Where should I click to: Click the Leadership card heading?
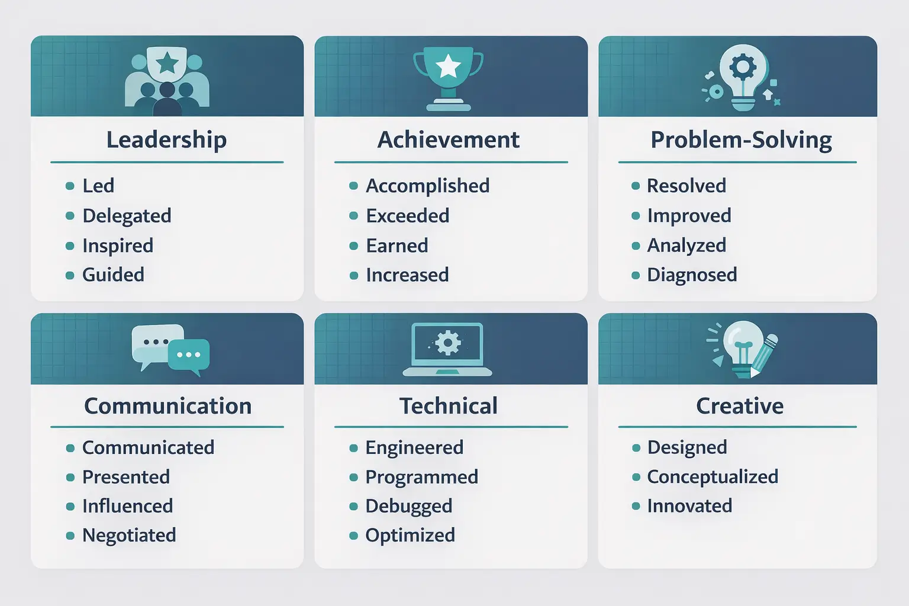click(166, 140)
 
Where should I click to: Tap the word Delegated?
click(127, 216)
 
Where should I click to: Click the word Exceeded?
click(407, 216)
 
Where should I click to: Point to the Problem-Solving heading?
click(741, 140)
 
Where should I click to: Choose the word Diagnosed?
click(692, 275)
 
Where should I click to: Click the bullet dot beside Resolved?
click(636, 186)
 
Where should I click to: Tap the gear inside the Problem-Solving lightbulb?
click(743, 67)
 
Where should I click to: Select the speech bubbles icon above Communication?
click(170, 349)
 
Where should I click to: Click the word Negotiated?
click(129, 536)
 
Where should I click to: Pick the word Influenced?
click(127, 506)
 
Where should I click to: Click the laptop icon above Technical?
click(447, 349)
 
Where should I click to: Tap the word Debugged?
click(408, 506)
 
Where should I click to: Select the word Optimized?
click(410, 536)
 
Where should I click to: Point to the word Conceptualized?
click(713, 477)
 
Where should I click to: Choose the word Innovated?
click(689, 506)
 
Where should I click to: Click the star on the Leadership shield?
click(167, 62)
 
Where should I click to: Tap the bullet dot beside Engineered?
click(353, 448)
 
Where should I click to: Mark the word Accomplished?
click(427, 186)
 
